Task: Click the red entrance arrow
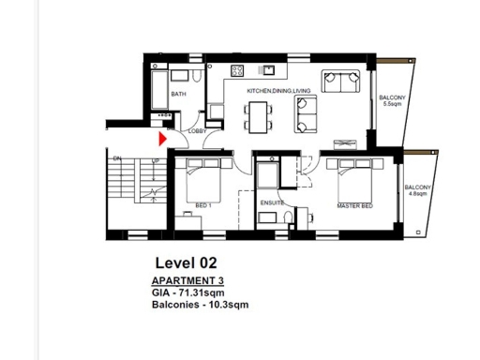(x=162, y=139)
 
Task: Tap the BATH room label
(x=177, y=95)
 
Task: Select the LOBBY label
(x=197, y=131)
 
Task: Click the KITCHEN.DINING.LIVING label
(x=278, y=91)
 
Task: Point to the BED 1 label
(x=203, y=205)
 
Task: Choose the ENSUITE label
(x=272, y=202)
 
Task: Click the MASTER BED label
(x=355, y=205)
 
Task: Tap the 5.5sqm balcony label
(x=392, y=101)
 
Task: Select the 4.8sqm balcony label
(x=417, y=191)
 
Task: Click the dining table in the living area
(x=258, y=115)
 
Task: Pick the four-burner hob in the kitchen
(x=238, y=70)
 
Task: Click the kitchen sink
(x=267, y=69)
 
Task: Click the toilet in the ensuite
(x=286, y=218)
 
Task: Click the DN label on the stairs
(x=117, y=159)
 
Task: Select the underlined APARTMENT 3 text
(x=187, y=281)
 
